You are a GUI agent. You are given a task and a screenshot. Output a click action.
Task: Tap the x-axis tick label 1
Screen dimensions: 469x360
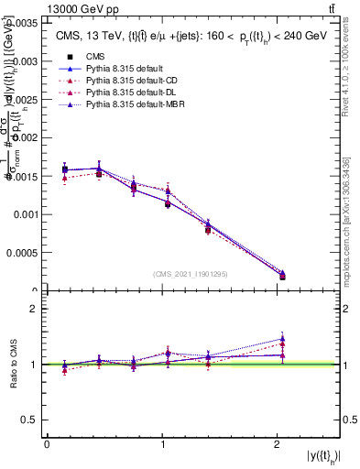pyautogui.click(x=162, y=444)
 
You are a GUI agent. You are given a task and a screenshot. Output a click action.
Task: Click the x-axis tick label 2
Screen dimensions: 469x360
pyautogui.click(x=278, y=444)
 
